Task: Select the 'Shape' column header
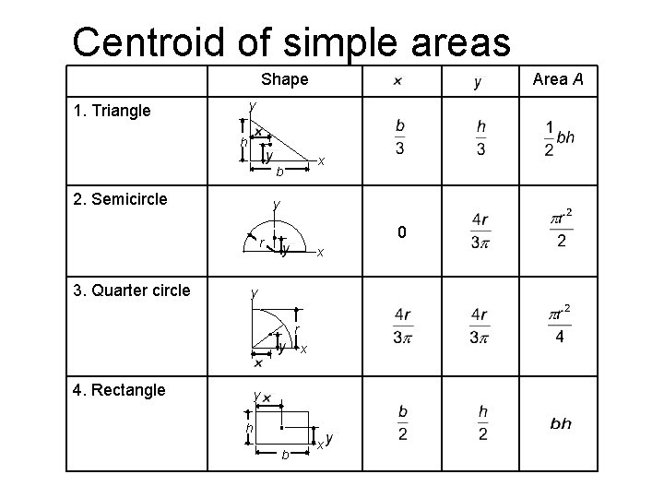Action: [284, 79]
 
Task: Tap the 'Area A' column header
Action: [559, 79]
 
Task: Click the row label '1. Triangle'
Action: [112, 112]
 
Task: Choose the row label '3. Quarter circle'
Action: [132, 290]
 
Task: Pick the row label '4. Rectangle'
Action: [119, 389]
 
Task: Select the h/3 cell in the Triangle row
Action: [481, 137]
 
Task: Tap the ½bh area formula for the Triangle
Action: [559, 137]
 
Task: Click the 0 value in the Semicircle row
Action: [401, 232]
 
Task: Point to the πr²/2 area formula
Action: [559, 228]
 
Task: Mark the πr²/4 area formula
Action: [559, 324]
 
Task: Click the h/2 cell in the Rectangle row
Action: [482, 421]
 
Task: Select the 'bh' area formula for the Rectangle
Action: [561, 424]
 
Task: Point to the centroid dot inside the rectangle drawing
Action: [280, 414]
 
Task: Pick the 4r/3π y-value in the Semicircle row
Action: [480, 231]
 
